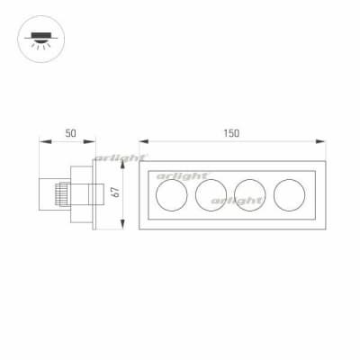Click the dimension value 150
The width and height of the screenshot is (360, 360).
pos(231,133)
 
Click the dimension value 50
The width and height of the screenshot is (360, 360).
pos(71,133)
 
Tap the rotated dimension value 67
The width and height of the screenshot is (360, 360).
pos(116,193)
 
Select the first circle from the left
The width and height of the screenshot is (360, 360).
pos(172,195)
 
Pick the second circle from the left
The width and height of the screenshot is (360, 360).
pos(211,195)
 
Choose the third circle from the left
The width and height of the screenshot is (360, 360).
pos(250,195)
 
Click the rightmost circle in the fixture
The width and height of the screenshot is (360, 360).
pos(289,195)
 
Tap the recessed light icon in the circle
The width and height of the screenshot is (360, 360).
pos(41,40)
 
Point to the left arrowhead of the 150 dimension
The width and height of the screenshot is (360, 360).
pos(144,141)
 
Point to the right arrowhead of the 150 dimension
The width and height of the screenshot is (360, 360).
pos(320,141)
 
